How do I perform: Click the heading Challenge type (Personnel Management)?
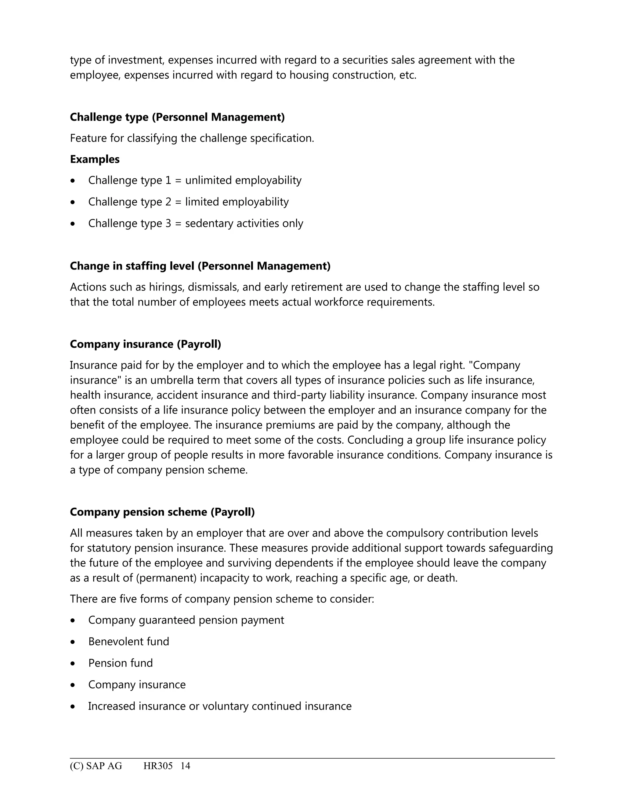coord(177,117)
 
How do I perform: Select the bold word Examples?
coord(95,159)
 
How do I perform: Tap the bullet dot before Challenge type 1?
coord(73,181)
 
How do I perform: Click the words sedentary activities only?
coord(244,223)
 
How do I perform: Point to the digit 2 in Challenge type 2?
coord(168,202)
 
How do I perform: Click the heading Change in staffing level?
coord(200,266)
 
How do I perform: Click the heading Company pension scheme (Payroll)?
coord(162,512)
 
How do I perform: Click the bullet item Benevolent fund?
coord(128,642)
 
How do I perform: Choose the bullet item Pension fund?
coord(120,663)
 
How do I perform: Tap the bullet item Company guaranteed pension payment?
coord(186,620)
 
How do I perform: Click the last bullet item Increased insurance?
coord(219,706)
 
